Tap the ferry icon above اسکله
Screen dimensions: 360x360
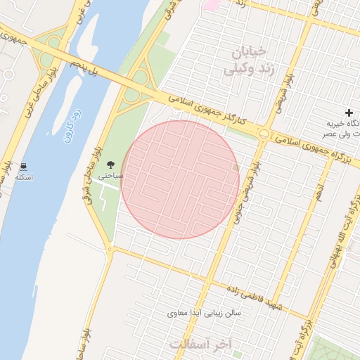coord(25,167)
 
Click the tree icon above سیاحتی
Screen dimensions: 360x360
coord(111,164)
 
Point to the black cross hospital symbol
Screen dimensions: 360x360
coord(349,112)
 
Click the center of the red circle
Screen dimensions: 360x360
coord(180,180)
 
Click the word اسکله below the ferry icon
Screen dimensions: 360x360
coord(24,177)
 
